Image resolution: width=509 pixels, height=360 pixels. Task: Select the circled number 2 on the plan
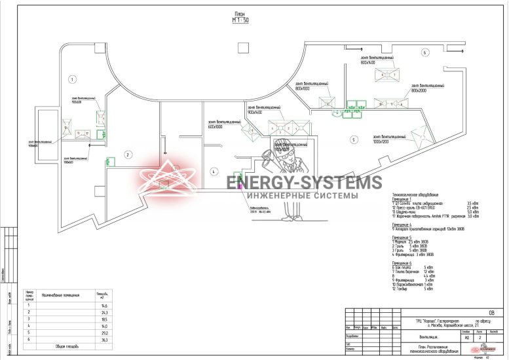[x=128, y=154]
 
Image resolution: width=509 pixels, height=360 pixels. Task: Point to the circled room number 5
[x=352, y=139]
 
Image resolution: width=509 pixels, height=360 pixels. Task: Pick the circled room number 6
[x=424, y=52]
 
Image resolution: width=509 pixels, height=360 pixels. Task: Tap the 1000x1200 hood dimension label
[x=385, y=141]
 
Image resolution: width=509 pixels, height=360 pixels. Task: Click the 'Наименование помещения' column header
[x=60, y=296]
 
